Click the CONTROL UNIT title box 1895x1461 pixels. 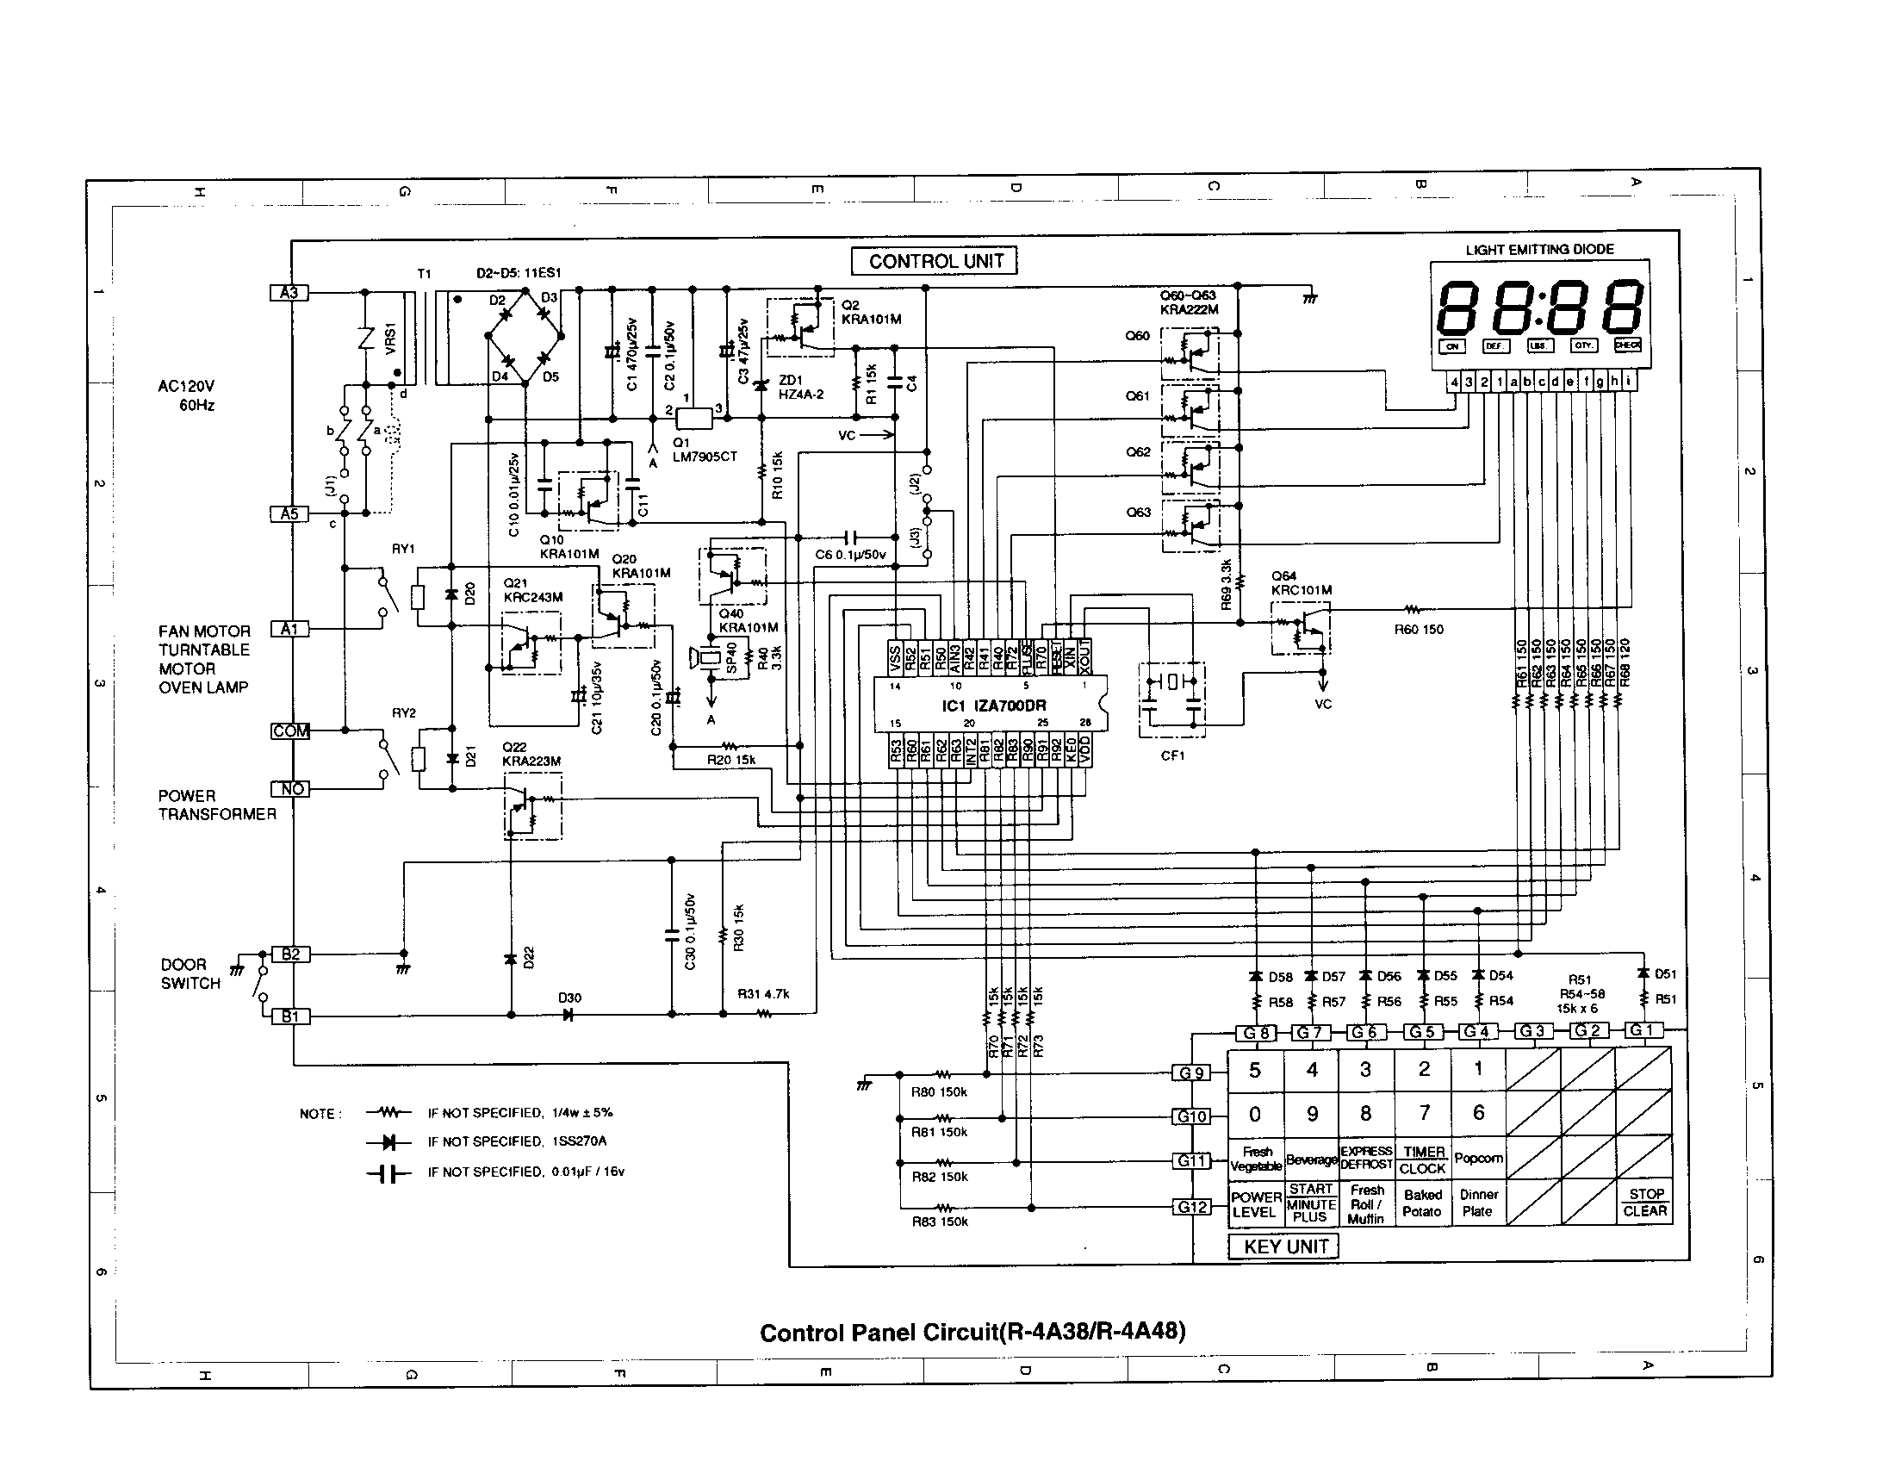point(935,261)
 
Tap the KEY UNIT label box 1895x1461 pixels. point(1285,1247)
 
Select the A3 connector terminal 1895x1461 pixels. point(289,293)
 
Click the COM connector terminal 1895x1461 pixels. point(289,731)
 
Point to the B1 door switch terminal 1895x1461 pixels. point(289,1016)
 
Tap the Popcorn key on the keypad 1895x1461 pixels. point(1477,1159)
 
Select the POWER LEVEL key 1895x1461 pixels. point(1256,1204)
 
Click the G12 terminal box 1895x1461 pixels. point(1191,1207)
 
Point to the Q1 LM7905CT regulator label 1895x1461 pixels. point(705,450)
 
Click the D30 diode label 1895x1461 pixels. point(569,998)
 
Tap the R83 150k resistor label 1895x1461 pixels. point(939,1222)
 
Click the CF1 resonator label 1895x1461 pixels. point(1172,755)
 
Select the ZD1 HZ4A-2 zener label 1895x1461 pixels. point(800,387)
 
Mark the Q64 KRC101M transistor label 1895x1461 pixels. point(1301,583)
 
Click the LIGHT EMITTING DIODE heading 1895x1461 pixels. point(1539,250)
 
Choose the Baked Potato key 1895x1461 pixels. point(1422,1203)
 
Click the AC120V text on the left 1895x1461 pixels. point(186,386)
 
